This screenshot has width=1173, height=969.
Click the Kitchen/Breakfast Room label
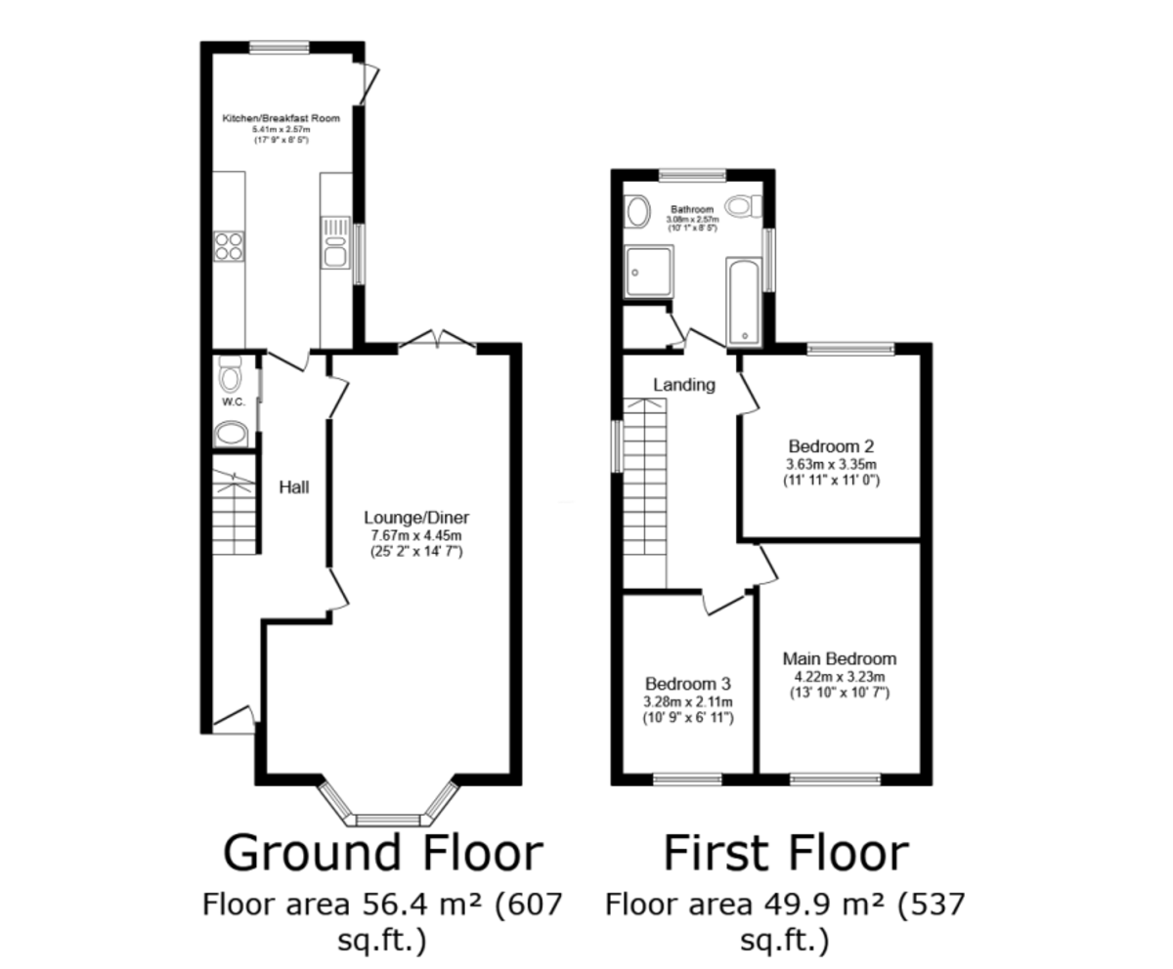(x=281, y=118)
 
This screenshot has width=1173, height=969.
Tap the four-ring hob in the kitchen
(x=229, y=246)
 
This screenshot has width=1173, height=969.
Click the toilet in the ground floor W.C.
(x=230, y=374)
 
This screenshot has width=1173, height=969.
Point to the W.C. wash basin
(x=231, y=435)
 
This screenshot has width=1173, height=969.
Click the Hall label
(x=294, y=486)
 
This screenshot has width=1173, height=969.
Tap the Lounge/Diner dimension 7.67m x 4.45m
(x=416, y=535)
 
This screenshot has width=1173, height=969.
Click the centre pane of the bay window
(x=388, y=821)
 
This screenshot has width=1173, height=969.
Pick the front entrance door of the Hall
(x=235, y=720)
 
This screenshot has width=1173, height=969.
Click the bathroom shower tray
(x=649, y=272)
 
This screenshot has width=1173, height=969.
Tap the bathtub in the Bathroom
(x=744, y=302)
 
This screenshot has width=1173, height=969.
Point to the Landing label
(x=683, y=385)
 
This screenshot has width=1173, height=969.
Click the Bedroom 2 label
(x=831, y=446)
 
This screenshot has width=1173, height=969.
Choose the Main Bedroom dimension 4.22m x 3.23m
(x=840, y=677)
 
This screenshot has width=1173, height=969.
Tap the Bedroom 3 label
(x=687, y=684)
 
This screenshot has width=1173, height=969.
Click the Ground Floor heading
(x=383, y=853)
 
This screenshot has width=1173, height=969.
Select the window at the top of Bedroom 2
(x=850, y=349)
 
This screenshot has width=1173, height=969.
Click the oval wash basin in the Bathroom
(x=637, y=212)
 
